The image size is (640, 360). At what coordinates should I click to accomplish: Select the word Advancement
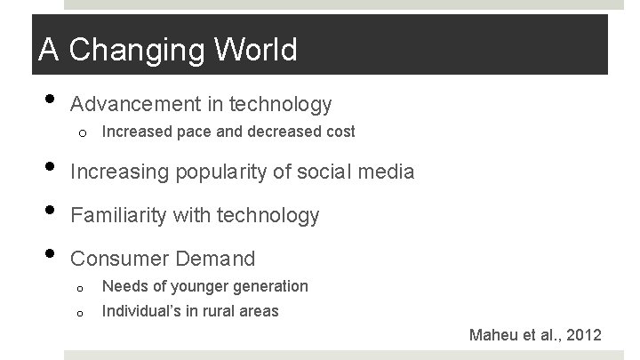146,105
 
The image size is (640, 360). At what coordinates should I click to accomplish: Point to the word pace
198,132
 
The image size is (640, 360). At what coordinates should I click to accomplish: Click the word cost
338,132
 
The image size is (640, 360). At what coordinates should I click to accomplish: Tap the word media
383,171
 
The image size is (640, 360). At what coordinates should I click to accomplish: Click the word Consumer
121,260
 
